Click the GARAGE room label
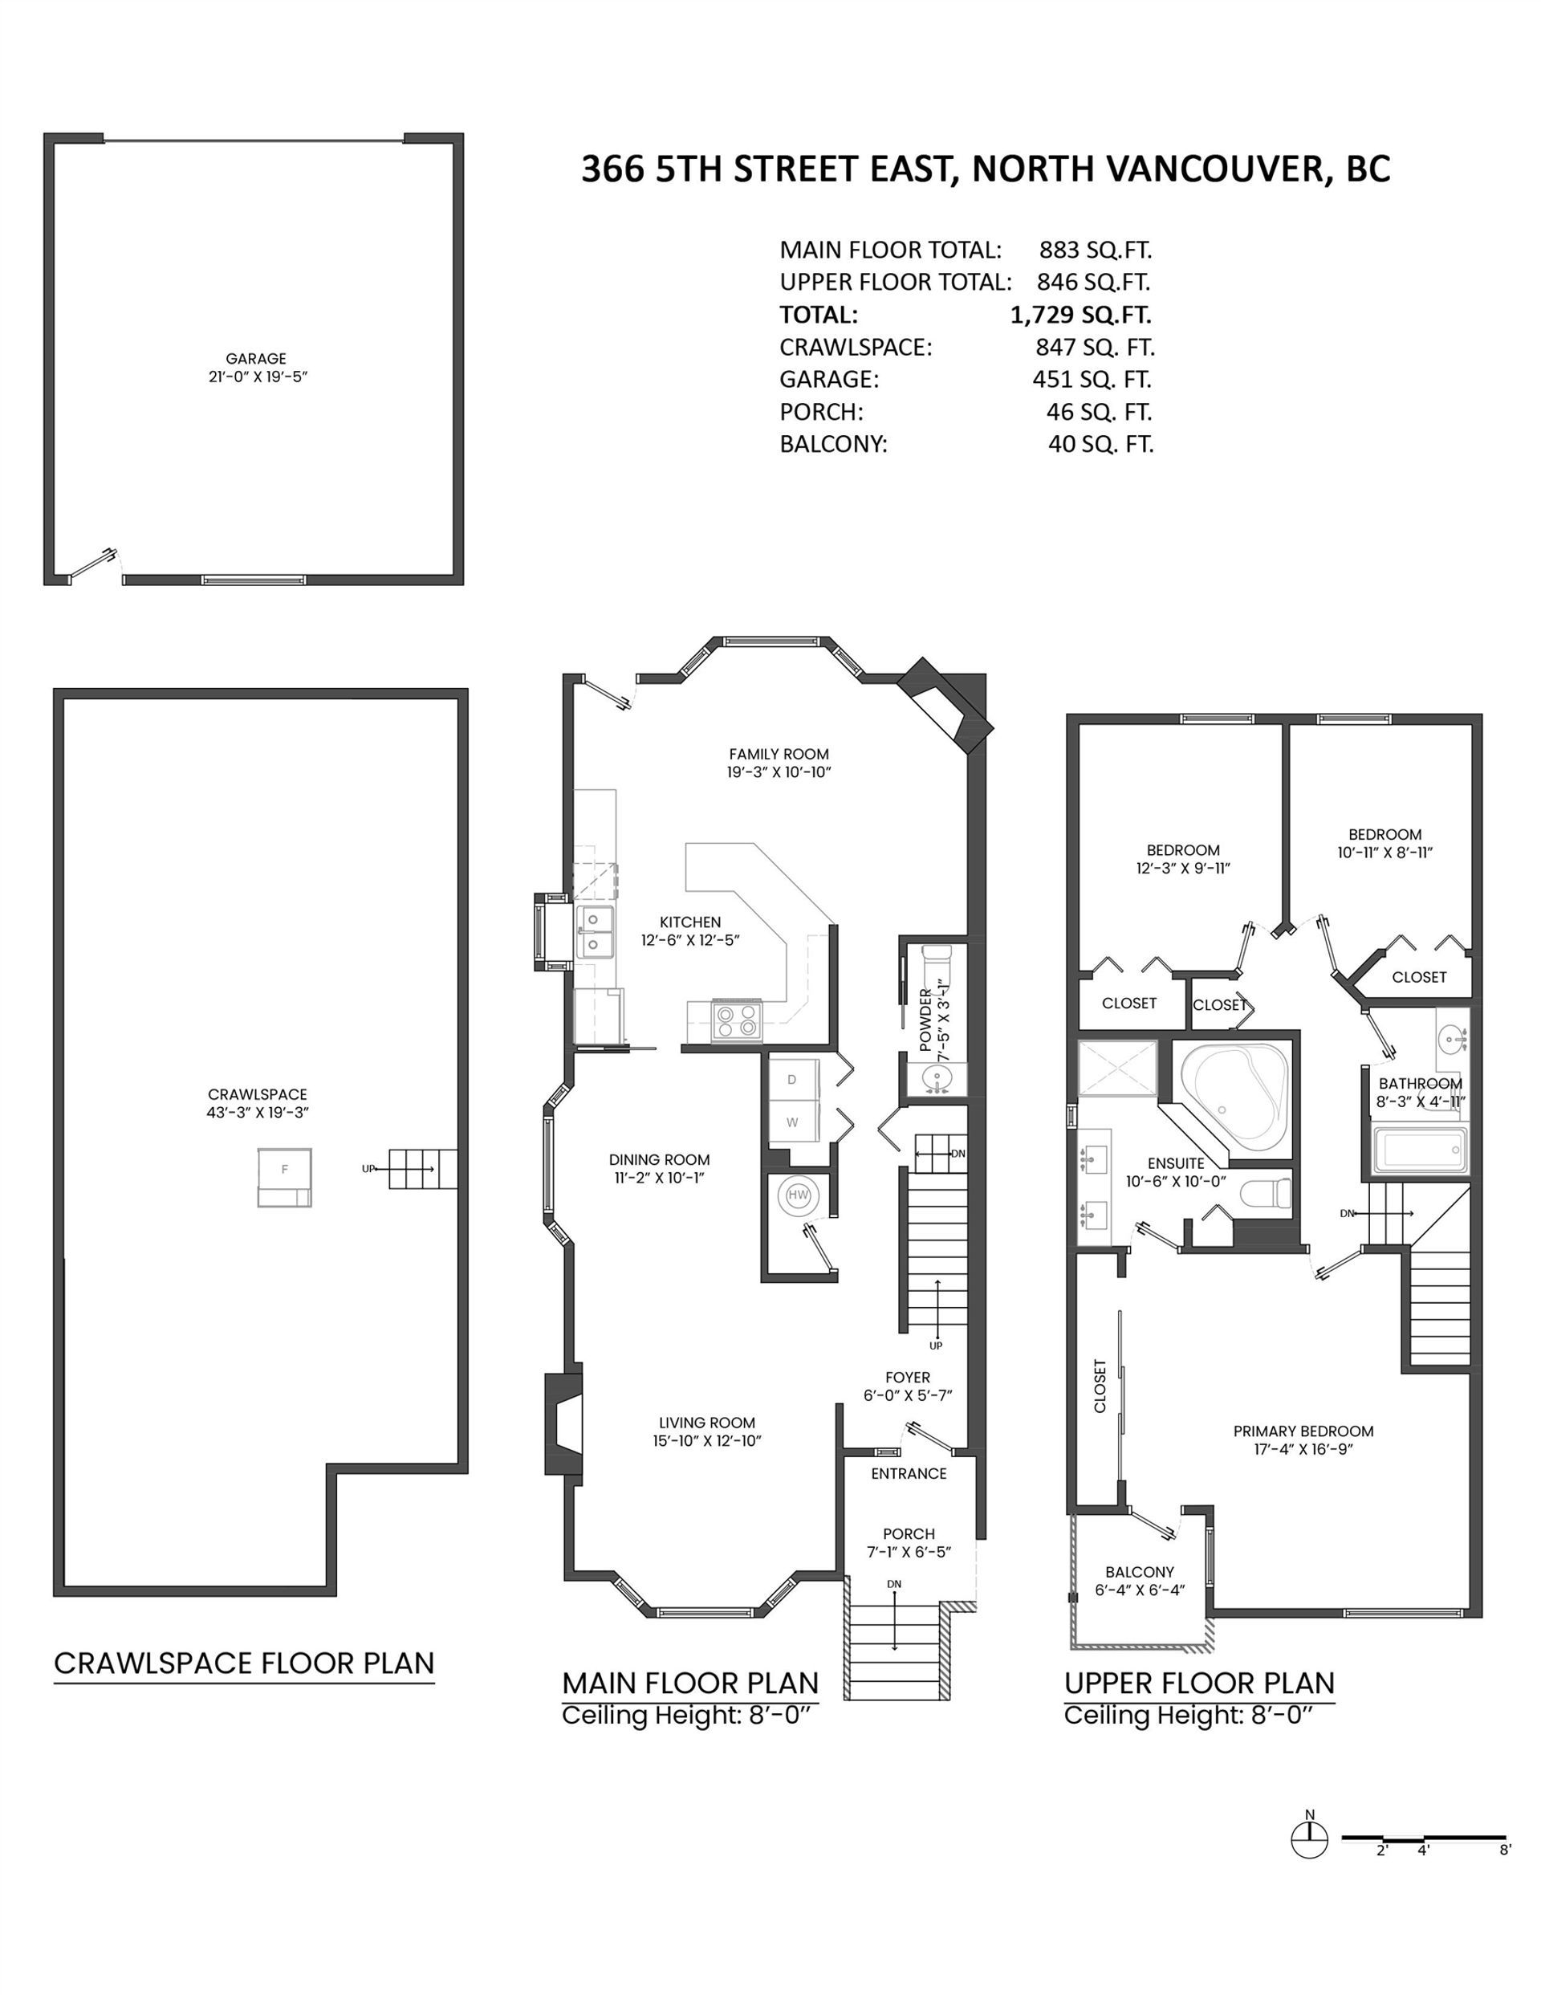[256, 359]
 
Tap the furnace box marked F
[284, 1178]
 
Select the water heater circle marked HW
[798, 1195]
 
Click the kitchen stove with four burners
[735, 1020]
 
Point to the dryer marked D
[793, 1080]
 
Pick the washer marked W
[793, 1122]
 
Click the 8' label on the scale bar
[1504, 1850]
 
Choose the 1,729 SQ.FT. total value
[1080, 316]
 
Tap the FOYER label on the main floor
[908, 1377]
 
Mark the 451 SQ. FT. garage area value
[1092, 379]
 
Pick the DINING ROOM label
[660, 1160]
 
